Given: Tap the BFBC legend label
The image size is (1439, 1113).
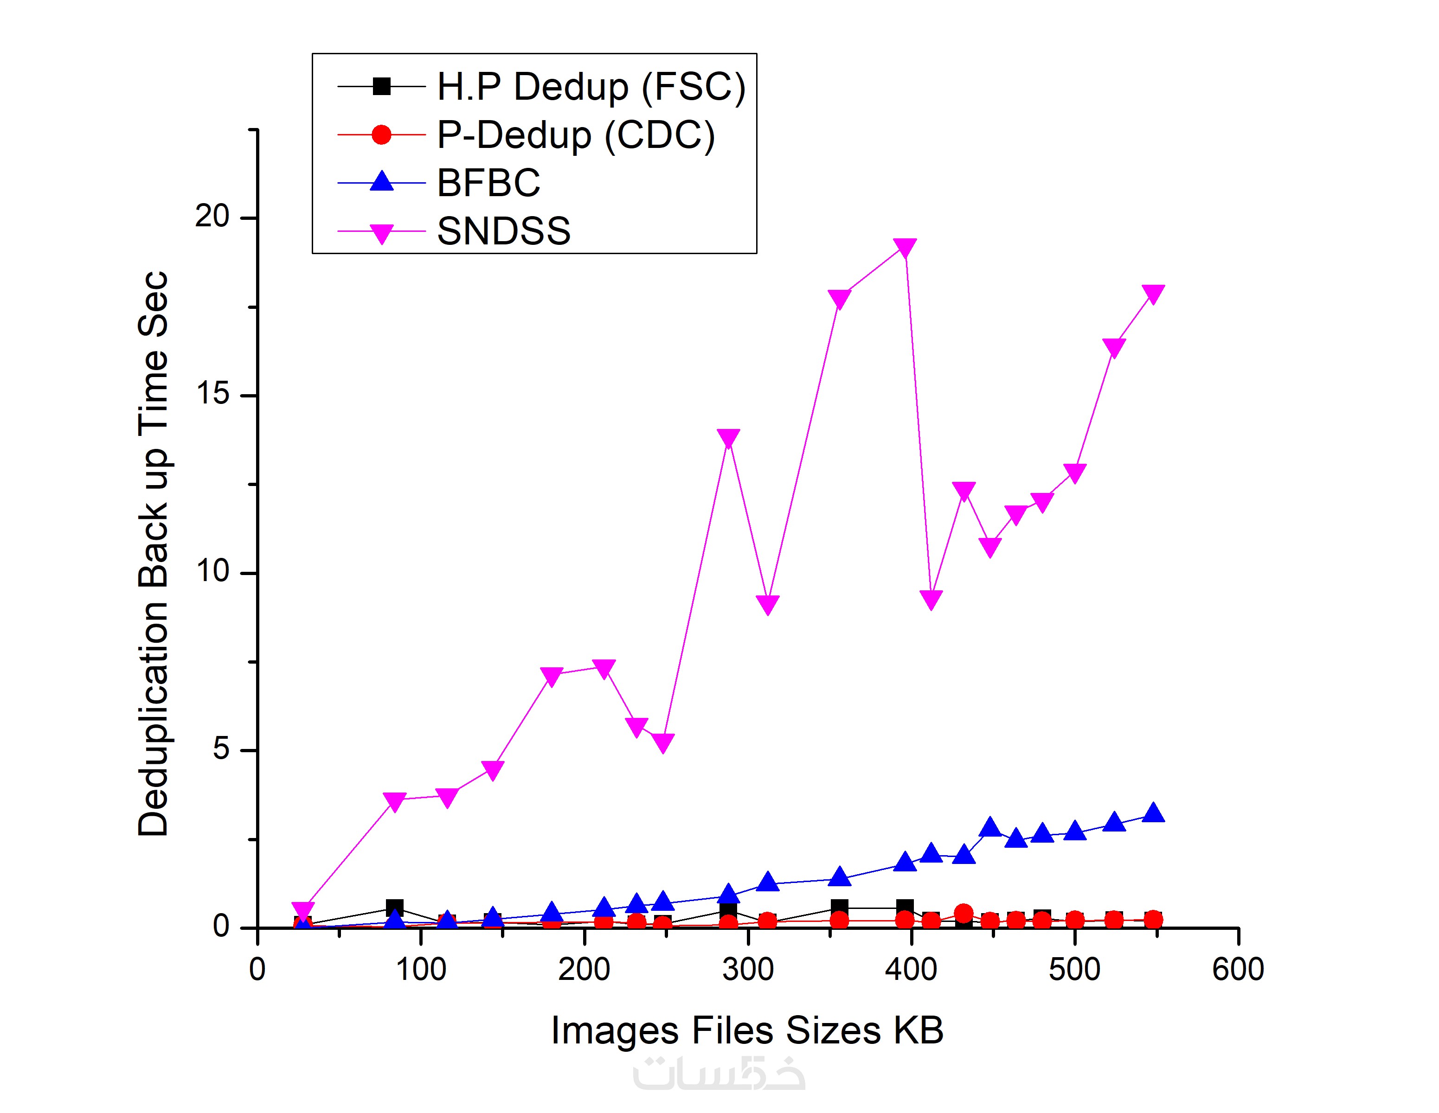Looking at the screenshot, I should (488, 183).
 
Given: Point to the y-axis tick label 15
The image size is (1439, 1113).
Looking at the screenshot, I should (212, 393).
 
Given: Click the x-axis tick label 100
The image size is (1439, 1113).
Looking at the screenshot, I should (420, 969).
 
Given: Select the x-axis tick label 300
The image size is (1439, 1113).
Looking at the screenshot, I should (747, 969).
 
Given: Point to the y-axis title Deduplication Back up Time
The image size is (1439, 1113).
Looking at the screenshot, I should (153, 553).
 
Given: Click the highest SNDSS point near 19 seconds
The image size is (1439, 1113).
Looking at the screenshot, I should (906, 248).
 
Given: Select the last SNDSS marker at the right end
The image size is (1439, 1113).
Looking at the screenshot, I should (1153, 293).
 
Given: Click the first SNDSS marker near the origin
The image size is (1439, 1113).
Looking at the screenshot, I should (302, 911).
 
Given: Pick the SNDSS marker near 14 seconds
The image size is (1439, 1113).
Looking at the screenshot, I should (728, 438).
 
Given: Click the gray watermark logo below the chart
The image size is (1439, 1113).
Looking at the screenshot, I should (719, 1074).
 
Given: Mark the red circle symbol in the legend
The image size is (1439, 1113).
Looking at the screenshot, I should (381, 135).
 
